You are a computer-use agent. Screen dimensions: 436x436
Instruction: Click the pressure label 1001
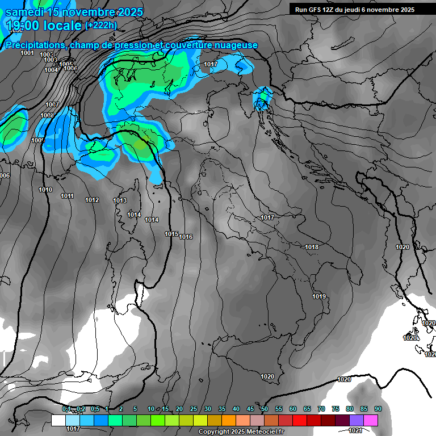pos(27,53)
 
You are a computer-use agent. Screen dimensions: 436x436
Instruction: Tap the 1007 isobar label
pos(52,104)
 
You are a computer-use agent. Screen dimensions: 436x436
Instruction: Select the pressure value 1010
pos(45,190)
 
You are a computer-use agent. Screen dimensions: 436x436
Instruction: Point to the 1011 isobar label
pos(67,196)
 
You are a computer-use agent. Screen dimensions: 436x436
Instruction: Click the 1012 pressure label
pos(92,200)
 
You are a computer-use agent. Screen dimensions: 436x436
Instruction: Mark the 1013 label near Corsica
pos(120,200)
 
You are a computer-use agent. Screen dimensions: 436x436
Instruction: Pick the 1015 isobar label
pos(171,234)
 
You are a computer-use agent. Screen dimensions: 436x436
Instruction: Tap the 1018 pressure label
pos(312,247)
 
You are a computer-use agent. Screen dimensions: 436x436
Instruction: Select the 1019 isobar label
pos(319,296)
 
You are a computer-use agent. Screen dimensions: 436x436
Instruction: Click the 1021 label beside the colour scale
pos(355,430)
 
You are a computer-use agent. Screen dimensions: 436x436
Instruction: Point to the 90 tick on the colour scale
pos(378,409)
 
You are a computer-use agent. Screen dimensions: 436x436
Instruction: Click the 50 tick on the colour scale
pos(265,409)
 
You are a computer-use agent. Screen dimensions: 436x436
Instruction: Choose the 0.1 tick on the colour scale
pos(66,409)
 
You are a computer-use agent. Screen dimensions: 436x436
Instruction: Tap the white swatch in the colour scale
pos(58,420)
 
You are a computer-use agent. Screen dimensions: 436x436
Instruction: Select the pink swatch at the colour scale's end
pos(371,420)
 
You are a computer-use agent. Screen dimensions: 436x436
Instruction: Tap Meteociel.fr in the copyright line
pos(266,432)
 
